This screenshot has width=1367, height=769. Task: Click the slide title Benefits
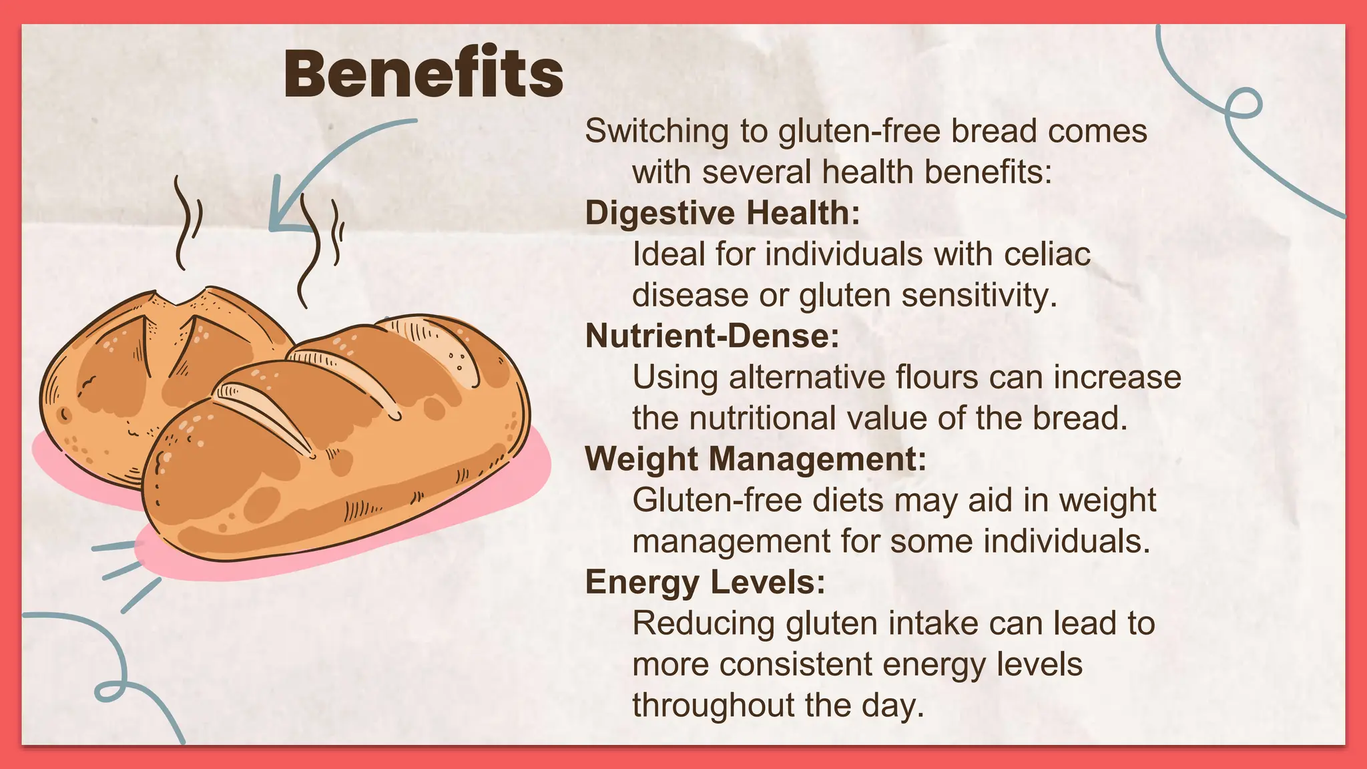[423, 73]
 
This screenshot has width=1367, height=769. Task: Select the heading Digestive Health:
[722, 214]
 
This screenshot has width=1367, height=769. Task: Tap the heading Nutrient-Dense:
[712, 336]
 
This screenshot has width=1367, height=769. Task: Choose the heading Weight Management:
[756, 459]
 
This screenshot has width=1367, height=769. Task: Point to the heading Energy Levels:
[705, 582]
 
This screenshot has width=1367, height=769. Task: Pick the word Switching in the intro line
[657, 132]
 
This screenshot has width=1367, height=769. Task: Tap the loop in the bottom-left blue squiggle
[110, 691]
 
